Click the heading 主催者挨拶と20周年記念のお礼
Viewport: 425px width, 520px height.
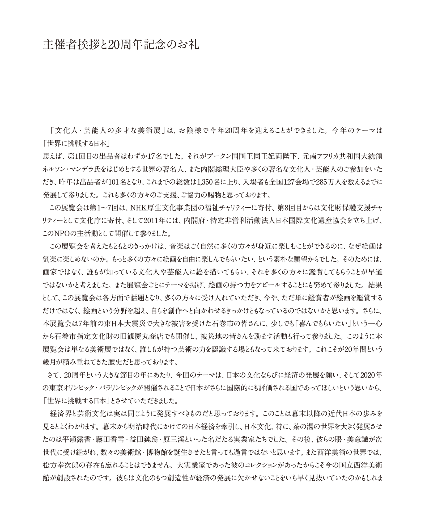tap(121, 45)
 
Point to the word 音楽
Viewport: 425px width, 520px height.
tap(175, 247)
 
